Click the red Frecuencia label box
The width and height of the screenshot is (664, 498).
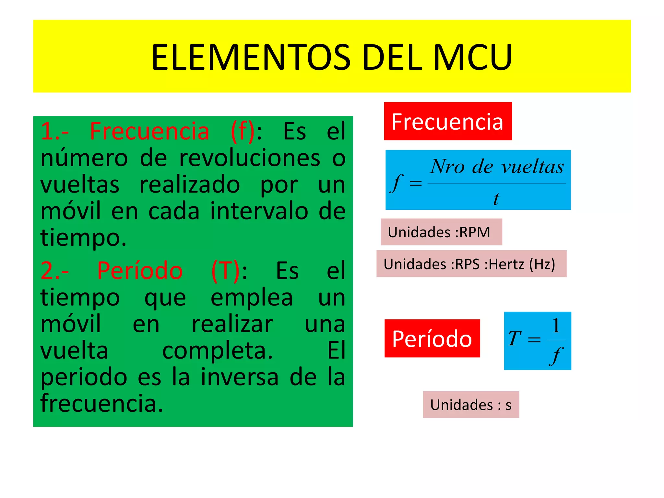(x=448, y=121)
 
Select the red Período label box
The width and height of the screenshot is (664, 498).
(x=432, y=338)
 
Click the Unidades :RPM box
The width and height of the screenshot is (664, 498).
(x=441, y=232)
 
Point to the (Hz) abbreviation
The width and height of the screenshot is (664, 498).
(x=542, y=264)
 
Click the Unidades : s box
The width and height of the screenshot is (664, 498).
(x=471, y=405)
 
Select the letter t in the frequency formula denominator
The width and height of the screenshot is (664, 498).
(x=496, y=198)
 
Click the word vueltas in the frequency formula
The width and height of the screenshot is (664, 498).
(x=532, y=167)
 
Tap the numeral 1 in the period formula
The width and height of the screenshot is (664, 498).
(x=556, y=326)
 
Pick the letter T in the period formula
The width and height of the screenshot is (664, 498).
(x=515, y=338)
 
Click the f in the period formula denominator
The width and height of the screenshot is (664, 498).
(x=556, y=356)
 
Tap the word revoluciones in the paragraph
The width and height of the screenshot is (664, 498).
(x=250, y=158)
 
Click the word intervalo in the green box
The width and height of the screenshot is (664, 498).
(x=259, y=211)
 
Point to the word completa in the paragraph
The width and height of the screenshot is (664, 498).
(x=217, y=351)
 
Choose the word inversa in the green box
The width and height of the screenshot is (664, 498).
(x=239, y=377)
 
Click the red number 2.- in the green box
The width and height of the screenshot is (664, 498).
(x=54, y=271)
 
